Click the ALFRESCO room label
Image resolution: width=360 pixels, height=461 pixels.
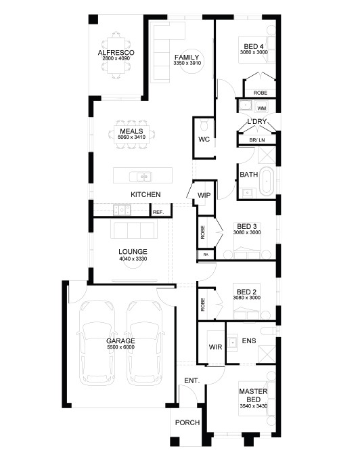116,53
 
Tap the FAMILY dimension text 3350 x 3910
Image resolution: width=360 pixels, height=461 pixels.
187,63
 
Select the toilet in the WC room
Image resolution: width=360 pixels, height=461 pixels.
204,126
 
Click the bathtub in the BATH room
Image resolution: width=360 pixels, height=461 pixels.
267,181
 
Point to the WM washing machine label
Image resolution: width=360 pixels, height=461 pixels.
262,108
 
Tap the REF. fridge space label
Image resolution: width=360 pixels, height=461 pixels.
158,212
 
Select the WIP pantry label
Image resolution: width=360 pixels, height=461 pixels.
204,195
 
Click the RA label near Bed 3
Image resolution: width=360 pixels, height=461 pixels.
206,255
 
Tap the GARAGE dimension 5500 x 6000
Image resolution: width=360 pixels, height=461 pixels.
120,347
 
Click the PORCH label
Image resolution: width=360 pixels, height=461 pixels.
187,422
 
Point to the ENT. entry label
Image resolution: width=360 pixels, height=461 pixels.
192,380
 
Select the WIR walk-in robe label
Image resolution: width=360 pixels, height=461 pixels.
215,347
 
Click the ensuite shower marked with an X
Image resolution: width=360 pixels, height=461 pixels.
267,353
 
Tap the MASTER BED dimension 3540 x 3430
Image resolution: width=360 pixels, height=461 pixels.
254,406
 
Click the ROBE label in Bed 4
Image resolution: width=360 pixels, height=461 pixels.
261,93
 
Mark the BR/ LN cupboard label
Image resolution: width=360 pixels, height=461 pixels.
257,140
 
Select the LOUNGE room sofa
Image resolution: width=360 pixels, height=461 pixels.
134,230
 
